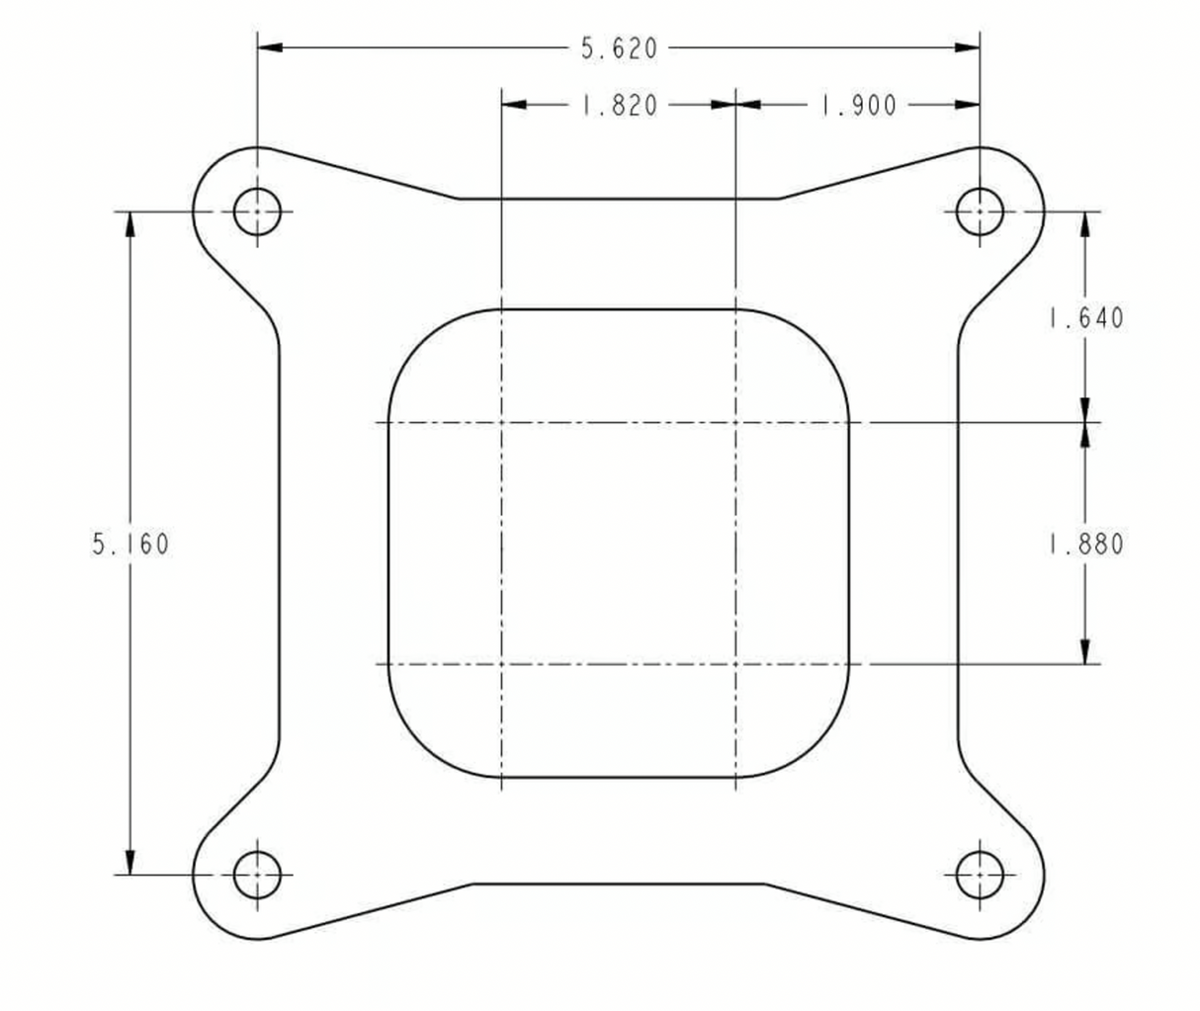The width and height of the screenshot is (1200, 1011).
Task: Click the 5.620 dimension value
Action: (619, 48)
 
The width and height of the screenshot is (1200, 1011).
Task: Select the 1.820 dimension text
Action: (620, 106)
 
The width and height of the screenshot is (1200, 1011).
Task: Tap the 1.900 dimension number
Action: (858, 106)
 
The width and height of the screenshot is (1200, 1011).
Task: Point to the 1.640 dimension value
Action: (1086, 318)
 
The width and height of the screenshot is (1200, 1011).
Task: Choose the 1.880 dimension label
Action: (1086, 545)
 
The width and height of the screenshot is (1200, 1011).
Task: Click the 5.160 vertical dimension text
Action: (131, 544)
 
